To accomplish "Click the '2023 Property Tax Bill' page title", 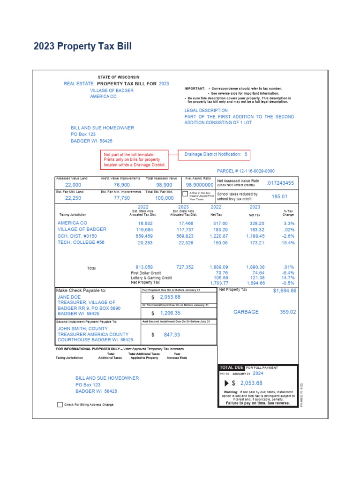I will point(82,46).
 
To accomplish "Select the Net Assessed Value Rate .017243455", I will point(280,183).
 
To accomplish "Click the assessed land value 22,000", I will point(73,185).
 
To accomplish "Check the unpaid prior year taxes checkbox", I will point(185,194).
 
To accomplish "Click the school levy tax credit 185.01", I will point(279,196).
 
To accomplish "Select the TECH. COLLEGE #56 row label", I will point(81,242).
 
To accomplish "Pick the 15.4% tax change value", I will point(289,243).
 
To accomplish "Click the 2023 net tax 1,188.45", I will point(255,236).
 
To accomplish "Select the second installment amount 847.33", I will point(169,335).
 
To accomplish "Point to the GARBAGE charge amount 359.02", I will point(288,312).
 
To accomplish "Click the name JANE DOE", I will point(69,297).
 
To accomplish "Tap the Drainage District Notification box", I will point(216,154).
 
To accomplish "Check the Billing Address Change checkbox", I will point(60,405).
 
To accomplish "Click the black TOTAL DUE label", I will point(232,367).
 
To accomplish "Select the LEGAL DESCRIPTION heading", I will point(206,111).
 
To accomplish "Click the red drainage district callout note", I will point(135,159).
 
